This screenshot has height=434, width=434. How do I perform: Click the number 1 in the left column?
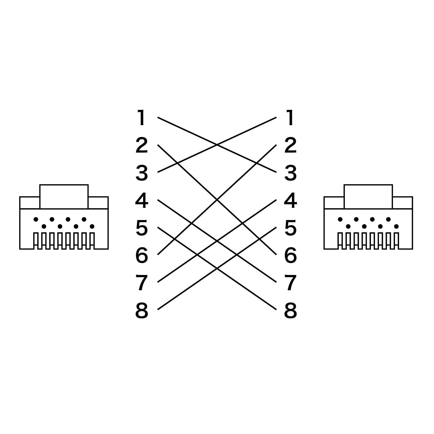point(142,118)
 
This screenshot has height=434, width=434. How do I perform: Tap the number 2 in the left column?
point(142,145)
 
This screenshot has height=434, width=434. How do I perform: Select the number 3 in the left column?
point(142,173)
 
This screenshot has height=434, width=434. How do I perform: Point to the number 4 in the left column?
point(142,200)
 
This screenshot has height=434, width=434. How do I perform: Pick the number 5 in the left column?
point(142,228)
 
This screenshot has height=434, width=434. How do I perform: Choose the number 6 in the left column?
point(142,255)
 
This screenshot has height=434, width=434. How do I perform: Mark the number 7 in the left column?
point(142,283)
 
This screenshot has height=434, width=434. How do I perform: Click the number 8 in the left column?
point(142,310)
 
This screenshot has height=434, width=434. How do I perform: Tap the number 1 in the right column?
point(290,118)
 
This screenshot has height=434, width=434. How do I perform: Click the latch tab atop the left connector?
point(64,196)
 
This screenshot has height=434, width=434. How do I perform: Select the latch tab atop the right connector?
point(368,196)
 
